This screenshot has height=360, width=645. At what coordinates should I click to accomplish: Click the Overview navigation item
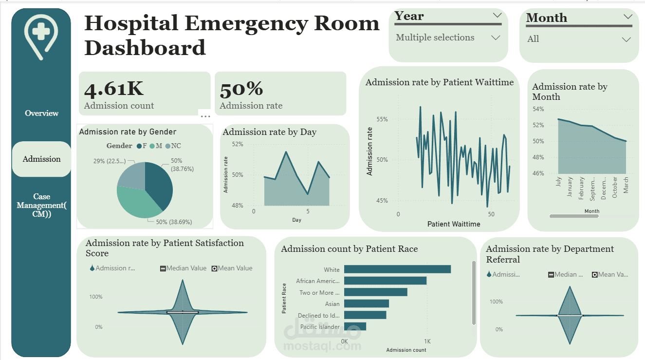tap(41, 113)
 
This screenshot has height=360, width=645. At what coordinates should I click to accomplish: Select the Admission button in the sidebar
tap(41, 159)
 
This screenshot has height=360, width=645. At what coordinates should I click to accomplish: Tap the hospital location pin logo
tap(41, 36)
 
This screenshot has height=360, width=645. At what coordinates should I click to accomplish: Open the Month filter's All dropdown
tap(579, 39)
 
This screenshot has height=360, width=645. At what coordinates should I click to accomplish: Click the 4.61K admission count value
tap(114, 89)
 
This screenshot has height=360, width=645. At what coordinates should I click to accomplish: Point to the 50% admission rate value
tap(241, 90)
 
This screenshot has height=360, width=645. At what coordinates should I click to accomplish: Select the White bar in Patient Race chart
tap(397, 269)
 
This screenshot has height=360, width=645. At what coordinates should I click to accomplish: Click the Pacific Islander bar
tap(355, 326)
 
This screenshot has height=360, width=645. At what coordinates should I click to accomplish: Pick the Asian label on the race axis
tap(332, 304)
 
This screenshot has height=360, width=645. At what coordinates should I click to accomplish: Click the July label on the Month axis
tap(558, 182)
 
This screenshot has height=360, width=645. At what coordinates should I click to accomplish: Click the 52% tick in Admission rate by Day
tap(238, 144)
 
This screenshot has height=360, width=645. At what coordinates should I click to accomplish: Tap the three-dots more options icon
tap(205, 116)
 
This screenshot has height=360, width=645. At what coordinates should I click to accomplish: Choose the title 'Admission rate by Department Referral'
tap(550, 254)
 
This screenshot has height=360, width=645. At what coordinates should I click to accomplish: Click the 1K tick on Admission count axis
tap(427, 341)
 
